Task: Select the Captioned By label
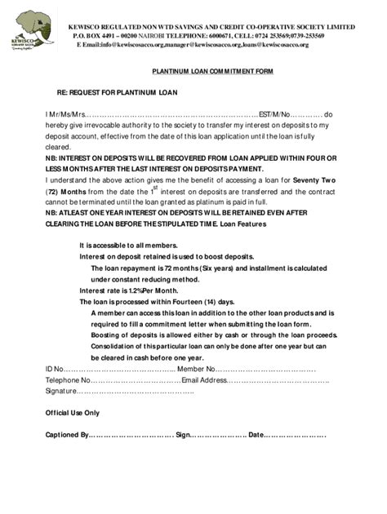(x=66, y=435)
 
